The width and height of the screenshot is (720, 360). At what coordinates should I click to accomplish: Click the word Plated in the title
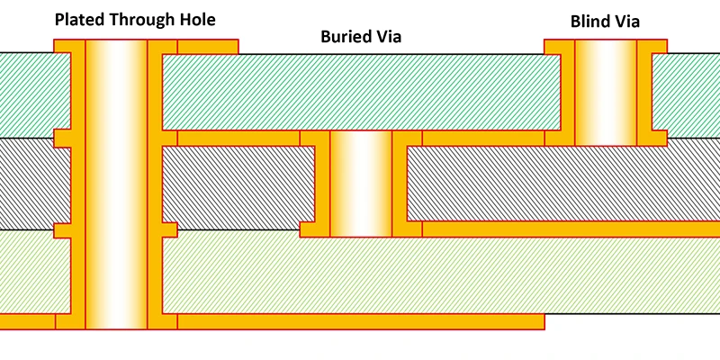click(79, 19)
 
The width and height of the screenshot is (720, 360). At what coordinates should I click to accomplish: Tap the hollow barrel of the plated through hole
click(115, 180)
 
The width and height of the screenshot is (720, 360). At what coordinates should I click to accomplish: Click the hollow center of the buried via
click(361, 184)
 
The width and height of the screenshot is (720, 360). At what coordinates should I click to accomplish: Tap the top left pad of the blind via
click(559, 46)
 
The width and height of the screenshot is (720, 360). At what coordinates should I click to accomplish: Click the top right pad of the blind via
click(652, 46)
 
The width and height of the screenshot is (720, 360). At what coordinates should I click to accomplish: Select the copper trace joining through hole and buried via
click(238, 138)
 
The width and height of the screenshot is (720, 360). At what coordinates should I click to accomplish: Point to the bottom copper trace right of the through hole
click(360, 321)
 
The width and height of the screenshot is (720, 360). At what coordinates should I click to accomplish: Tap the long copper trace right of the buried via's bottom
click(567, 229)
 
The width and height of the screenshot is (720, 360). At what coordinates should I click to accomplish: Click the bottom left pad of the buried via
click(314, 229)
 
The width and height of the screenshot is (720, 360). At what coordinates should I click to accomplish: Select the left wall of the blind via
click(567, 94)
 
